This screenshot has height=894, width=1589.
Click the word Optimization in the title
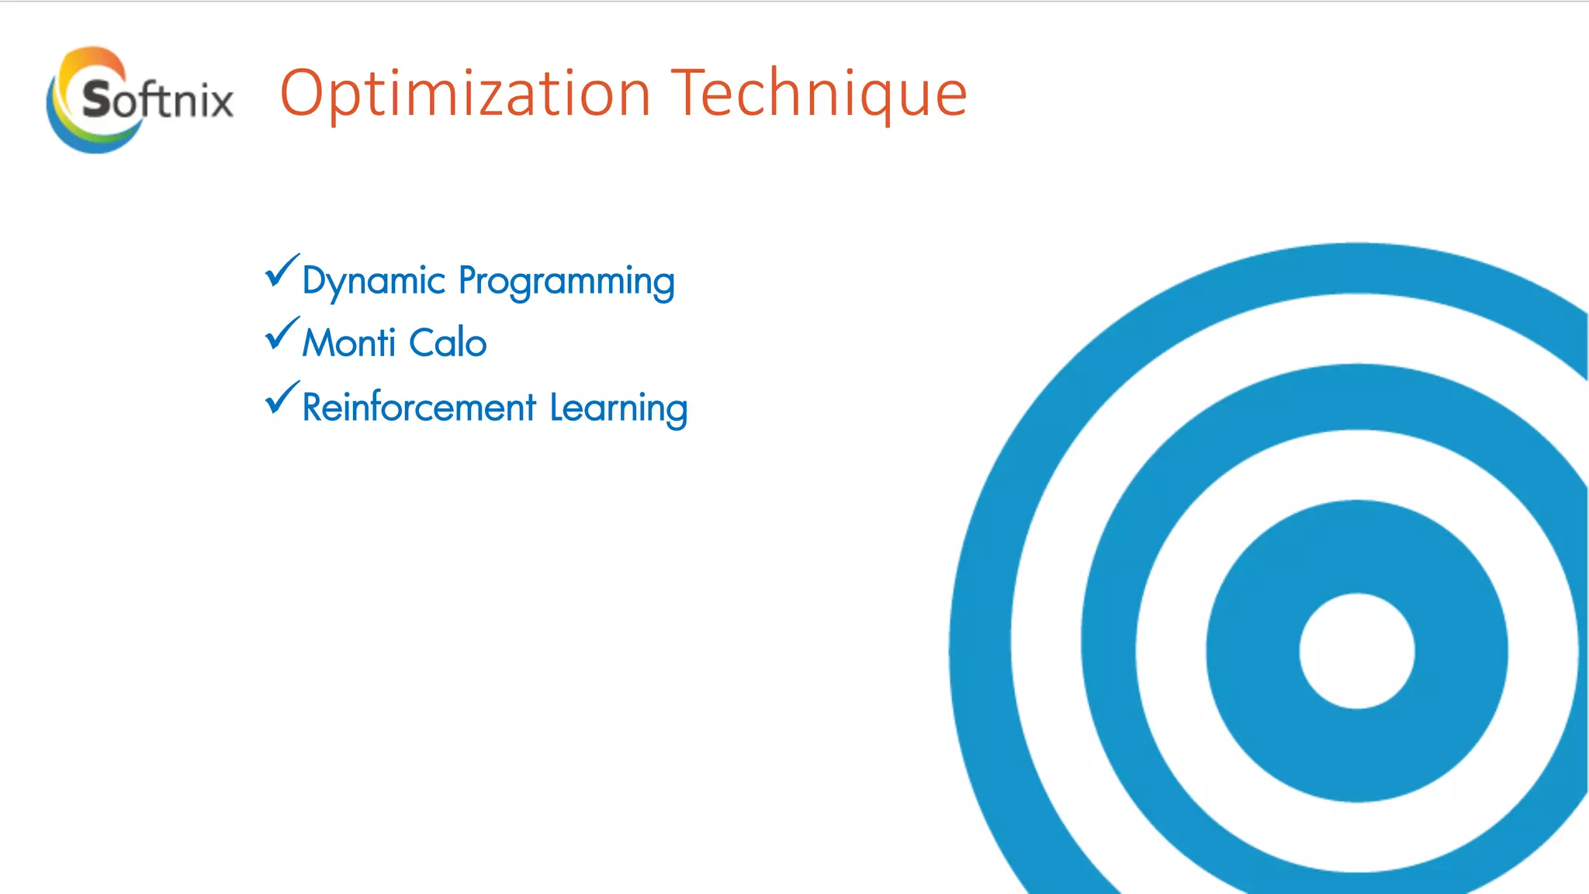[x=464, y=95]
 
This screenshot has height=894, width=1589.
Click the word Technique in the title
[x=819, y=95]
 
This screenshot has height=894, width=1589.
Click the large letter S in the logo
[x=98, y=99]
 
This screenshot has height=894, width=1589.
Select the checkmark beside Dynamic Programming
[x=282, y=271]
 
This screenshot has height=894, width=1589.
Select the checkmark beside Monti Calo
[x=282, y=334]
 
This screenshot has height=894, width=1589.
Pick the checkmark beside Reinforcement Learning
[x=282, y=398]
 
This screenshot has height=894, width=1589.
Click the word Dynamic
[x=373, y=281]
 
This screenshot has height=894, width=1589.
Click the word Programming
[x=566, y=281]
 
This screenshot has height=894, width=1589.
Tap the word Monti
[x=349, y=343]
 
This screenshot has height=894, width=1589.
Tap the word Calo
[x=448, y=343]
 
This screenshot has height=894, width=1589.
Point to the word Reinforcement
[x=419, y=407]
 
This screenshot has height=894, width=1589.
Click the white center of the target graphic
[x=1356, y=650]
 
